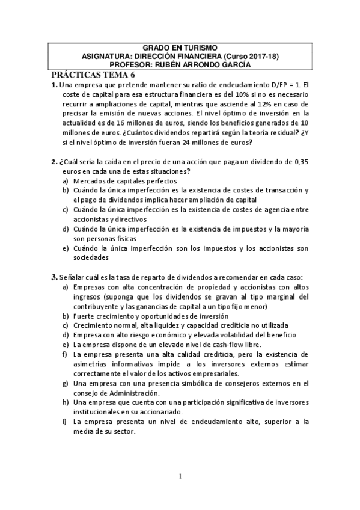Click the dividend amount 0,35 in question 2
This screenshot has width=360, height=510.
click(299, 162)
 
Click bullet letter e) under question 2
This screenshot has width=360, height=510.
click(65, 248)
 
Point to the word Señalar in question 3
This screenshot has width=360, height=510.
click(74, 278)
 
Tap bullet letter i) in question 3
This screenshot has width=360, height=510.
click(65, 422)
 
